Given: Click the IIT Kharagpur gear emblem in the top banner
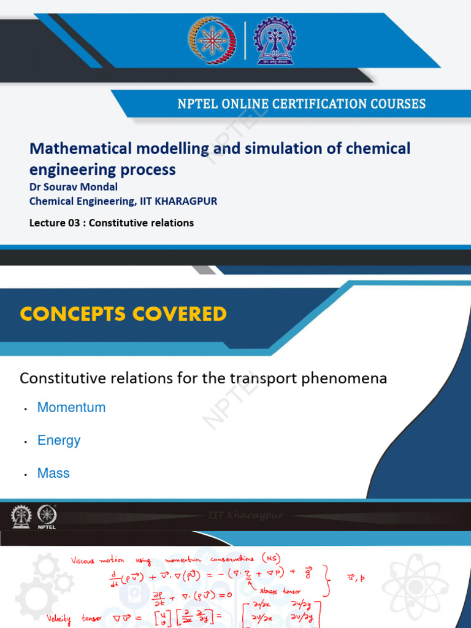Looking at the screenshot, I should coord(274,40).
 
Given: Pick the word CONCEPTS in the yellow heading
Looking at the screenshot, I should coord(77,314).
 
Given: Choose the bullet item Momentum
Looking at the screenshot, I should coord(71,407).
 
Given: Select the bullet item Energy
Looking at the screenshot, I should coord(59,440).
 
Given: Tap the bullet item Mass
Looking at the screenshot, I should coord(53,473).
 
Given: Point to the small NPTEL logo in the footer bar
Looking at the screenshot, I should coord(47,516).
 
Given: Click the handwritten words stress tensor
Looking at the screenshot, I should coord(281,591).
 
